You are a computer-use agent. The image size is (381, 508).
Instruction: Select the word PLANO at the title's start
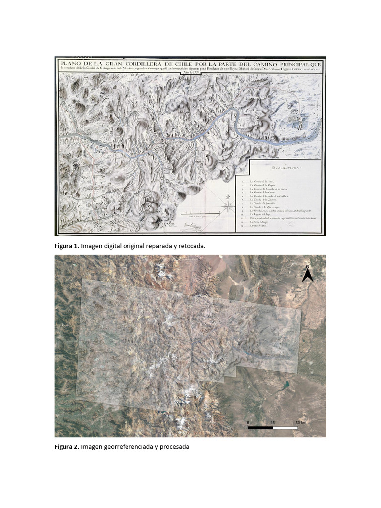(x=74, y=64)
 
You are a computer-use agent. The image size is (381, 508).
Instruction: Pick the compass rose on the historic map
(x=228, y=204)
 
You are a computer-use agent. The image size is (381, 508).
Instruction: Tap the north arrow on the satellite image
(x=308, y=273)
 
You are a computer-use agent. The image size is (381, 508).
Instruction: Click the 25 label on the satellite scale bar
(x=272, y=422)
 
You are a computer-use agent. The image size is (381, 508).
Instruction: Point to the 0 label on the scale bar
(x=248, y=422)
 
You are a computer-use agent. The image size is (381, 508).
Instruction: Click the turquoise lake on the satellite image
(x=286, y=384)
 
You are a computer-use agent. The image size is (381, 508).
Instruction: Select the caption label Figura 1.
(x=66, y=246)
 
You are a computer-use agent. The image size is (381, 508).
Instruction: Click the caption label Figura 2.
(x=66, y=447)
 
